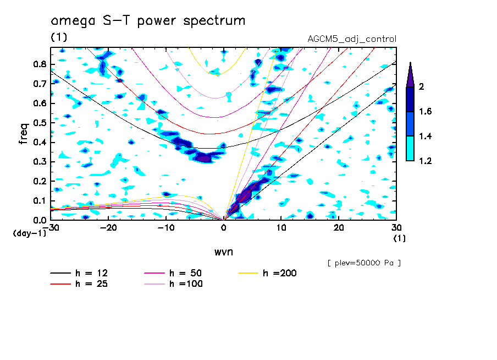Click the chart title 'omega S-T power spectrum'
coord(148,21)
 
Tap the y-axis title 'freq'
coord(23,134)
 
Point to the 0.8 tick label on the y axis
coord(40,64)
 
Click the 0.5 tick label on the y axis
coord(40,122)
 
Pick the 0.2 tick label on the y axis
coord(40,181)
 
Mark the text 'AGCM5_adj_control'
coord(352,39)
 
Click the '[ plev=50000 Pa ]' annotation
coord(363,263)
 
